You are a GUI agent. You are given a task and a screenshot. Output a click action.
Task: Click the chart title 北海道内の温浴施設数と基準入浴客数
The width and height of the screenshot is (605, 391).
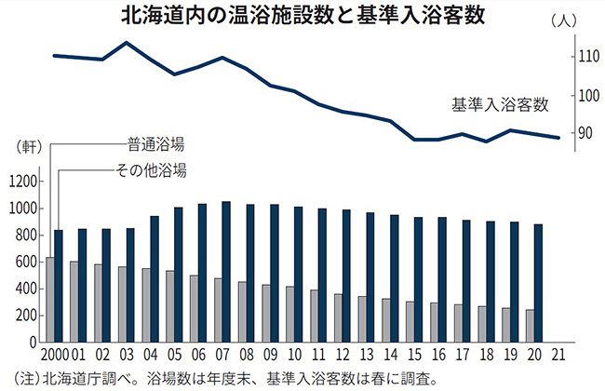[302, 16]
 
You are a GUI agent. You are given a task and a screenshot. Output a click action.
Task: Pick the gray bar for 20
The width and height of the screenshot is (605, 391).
[531, 327]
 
